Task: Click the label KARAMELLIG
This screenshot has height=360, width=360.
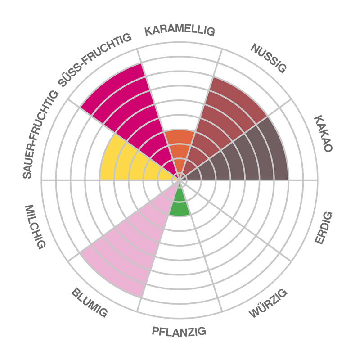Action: (x=180, y=31)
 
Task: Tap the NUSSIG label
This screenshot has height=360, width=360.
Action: (x=268, y=58)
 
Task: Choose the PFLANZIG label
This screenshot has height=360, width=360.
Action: (x=179, y=332)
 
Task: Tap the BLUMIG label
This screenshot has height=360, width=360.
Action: (x=89, y=302)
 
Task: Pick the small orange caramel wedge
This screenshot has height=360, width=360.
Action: (x=180, y=148)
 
